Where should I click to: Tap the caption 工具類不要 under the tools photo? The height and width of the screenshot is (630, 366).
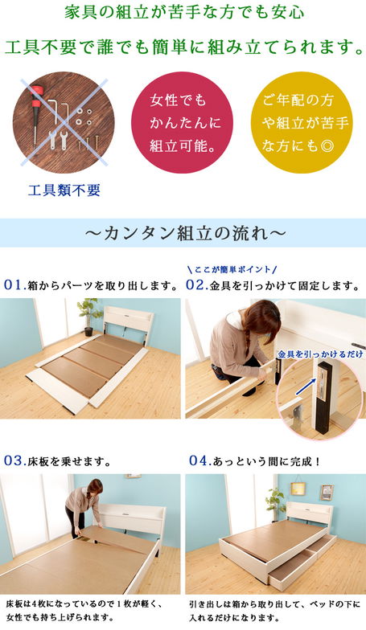[x=64, y=190]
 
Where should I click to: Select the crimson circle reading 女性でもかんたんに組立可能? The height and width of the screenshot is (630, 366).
[x=182, y=122]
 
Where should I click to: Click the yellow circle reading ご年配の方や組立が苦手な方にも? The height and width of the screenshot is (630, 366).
[x=302, y=122]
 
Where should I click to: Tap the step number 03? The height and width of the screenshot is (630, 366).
[x=15, y=460]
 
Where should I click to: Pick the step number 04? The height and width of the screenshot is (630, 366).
[x=200, y=460]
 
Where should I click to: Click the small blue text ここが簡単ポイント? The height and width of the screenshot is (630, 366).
[x=232, y=269]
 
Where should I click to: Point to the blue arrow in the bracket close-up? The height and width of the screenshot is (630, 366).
[x=306, y=387]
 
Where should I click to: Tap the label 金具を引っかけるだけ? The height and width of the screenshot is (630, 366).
[x=320, y=354]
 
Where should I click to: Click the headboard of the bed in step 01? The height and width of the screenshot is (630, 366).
[x=128, y=320]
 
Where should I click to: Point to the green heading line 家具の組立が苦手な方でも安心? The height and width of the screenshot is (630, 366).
[x=184, y=13]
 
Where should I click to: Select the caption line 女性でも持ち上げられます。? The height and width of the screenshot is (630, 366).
[x=60, y=617]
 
